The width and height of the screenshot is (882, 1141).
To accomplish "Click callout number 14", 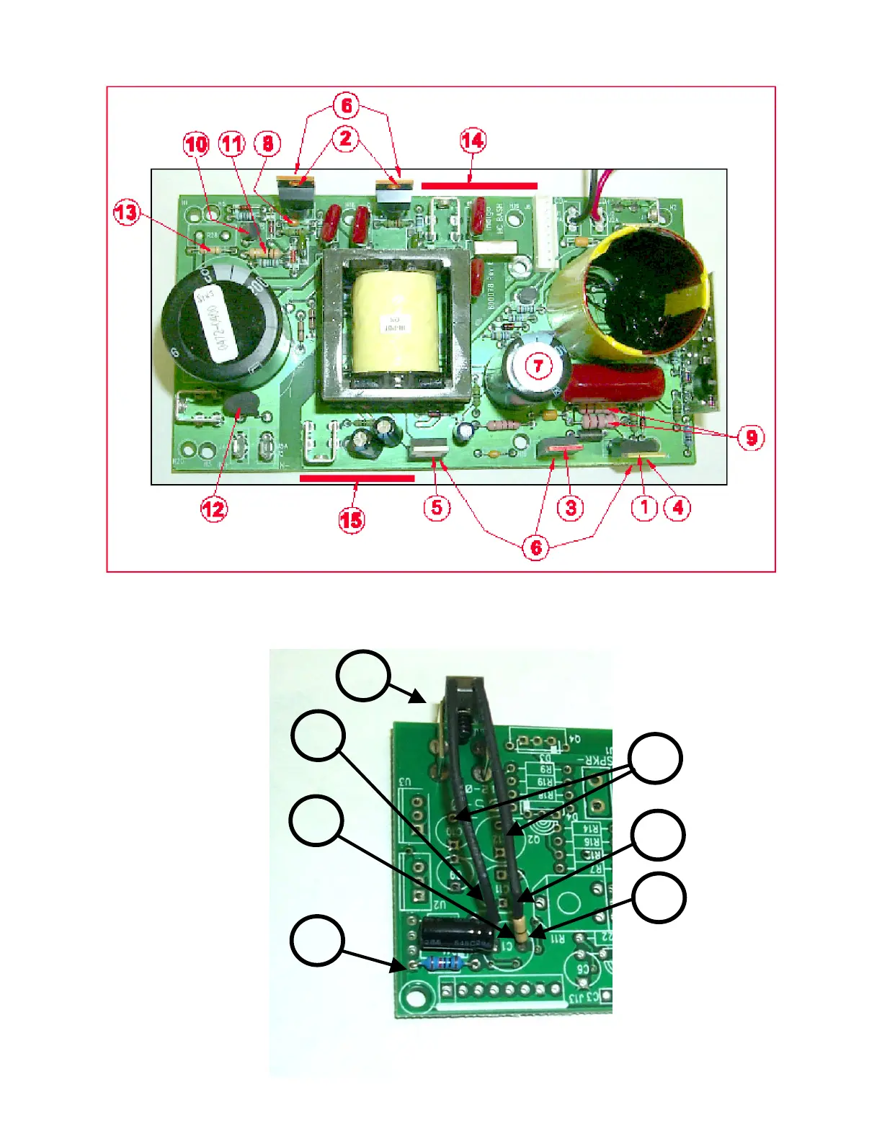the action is point(473,140).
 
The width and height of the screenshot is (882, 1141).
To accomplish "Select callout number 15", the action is point(351,519).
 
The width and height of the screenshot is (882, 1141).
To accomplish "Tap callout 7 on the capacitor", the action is point(538,365).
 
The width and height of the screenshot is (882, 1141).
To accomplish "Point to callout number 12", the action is point(213,509).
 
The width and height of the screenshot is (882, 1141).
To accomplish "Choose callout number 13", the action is point(126,213).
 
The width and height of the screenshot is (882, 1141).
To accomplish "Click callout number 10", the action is point(196,144).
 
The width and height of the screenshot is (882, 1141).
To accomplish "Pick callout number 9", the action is point(751,437).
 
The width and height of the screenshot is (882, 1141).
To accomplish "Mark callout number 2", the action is point(346,138).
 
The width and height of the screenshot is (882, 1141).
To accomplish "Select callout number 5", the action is point(437,507).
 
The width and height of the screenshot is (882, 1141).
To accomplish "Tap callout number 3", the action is point(571,507).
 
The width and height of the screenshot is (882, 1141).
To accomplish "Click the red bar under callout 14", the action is point(479,185).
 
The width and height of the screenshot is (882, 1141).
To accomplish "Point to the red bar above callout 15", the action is point(357,478).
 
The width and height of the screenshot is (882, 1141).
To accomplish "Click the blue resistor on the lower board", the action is point(440,962).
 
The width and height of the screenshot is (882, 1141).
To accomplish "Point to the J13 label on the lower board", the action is point(574,998).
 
